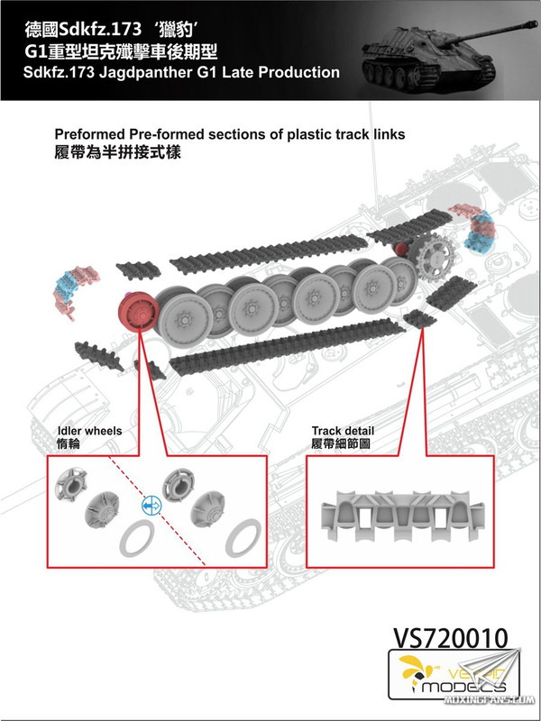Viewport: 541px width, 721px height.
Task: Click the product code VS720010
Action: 450,637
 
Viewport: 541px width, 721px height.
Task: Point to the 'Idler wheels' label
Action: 89,432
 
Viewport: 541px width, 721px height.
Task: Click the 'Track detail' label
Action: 343,432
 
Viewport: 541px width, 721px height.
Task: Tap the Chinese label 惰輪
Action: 69,446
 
